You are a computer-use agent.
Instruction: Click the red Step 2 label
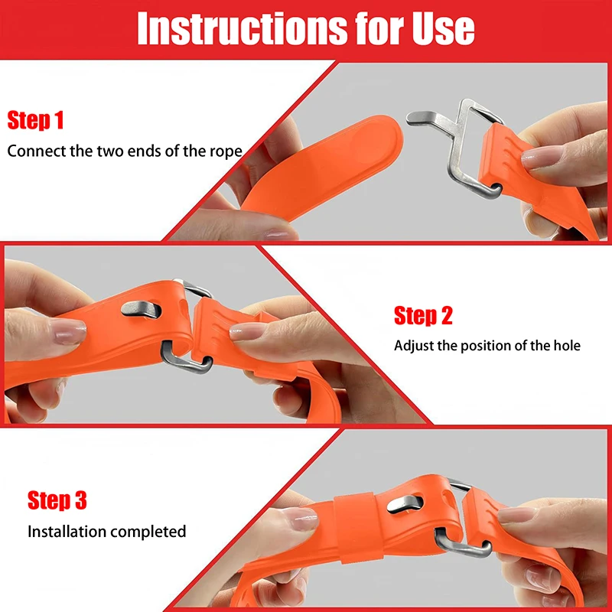pyautogui.click(x=423, y=315)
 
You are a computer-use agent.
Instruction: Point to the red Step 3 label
pyautogui.click(x=57, y=501)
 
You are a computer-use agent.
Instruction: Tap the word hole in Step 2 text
pyautogui.click(x=566, y=346)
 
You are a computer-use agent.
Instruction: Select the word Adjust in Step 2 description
pyautogui.click(x=414, y=346)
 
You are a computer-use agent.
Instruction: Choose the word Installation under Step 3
pyautogui.click(x=65, y=531)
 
